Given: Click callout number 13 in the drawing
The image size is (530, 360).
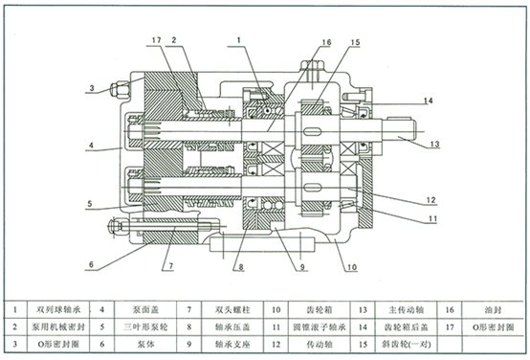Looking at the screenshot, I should pyautogui.click(x=433, y=145).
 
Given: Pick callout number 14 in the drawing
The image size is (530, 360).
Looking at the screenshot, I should pyautogui.click(x=429, y=101).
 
